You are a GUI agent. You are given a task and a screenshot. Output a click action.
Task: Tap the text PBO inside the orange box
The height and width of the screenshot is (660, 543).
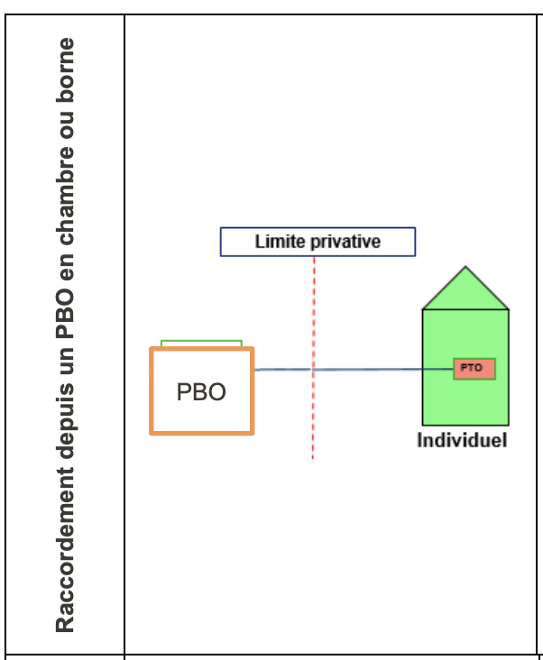[201, 392]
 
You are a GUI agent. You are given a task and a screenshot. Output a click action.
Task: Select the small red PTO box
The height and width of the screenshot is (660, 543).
[474, 368]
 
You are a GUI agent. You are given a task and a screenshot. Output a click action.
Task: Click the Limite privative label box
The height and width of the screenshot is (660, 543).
[318, 242]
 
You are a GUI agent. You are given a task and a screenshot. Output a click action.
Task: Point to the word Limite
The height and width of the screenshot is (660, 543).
[279, 242]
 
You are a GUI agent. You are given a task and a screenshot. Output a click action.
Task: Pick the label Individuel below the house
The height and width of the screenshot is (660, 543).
[462, 441]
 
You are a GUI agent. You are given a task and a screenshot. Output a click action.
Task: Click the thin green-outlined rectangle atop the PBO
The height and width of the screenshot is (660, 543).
[201, 344]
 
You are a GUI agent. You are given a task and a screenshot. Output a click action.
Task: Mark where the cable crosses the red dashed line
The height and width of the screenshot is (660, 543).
[313, 370]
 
